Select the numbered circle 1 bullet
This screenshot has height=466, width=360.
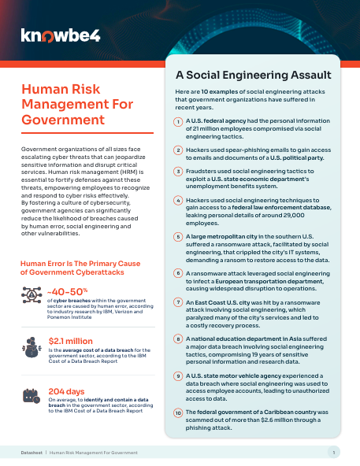click(179, 120)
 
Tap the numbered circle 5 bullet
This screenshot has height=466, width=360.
click(179, 236)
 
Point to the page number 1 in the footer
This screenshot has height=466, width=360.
click(334, 453)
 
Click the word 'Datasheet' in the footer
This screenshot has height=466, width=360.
click(35, 453)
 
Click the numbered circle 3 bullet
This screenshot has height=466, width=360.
click(179, 170)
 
